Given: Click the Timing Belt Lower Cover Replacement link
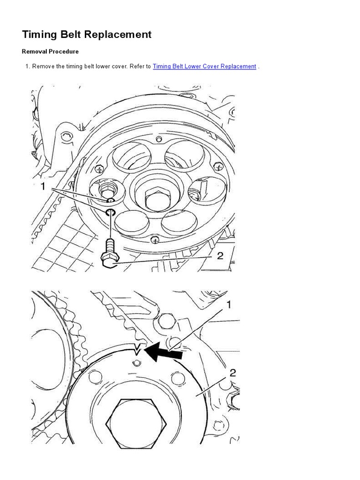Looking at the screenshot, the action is point(204,66).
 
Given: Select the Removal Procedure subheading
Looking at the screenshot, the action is point(50,52).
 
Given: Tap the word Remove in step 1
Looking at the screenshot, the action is point(44,66).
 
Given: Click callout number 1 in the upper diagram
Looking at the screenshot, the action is point(43,186).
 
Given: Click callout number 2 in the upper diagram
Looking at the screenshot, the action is point(220,255).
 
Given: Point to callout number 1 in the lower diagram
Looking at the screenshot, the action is point(229,305).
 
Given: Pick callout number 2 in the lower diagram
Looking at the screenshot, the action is point(233,373).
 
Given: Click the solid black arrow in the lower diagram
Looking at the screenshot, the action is point(163,352).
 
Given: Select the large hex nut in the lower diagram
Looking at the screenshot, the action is point(136,424).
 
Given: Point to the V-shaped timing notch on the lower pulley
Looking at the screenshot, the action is point(137,349).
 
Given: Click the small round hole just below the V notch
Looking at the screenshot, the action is point(136,363).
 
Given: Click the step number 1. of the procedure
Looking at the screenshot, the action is point(28,66).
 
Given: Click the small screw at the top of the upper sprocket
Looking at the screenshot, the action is point(158,140).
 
